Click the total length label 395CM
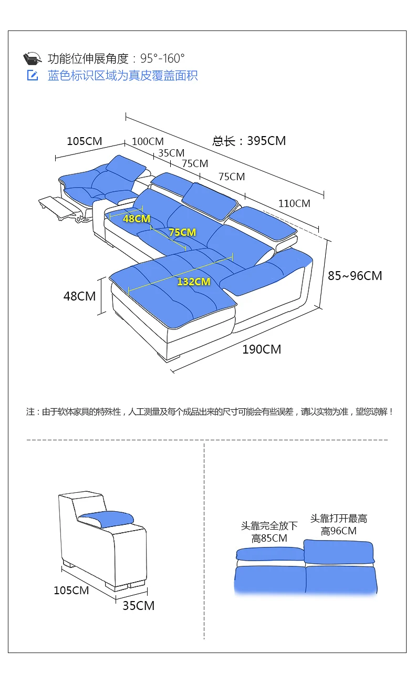[250, 141]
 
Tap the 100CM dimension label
[148, 141]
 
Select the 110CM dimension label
[294, 203]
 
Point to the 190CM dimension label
[262, 349]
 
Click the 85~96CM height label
[355, 276]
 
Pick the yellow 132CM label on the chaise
[193, 282]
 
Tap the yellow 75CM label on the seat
[182, 232]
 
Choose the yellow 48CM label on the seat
[137, 219]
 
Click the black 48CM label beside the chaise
[79, 296]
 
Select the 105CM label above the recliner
[84, 141]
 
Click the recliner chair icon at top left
[33, 58]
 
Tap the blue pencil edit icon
[33, 76]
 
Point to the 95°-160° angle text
[162, 58]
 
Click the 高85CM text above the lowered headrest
[269, 539]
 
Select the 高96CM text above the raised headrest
[339, 531]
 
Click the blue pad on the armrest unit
[105, 518]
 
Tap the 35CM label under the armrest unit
[139, 606]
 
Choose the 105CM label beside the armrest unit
[71, 591]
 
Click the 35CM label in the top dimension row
[171, 153]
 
